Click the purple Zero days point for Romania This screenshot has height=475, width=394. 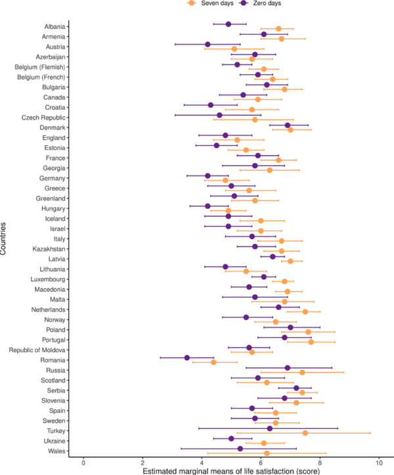coord(187,358)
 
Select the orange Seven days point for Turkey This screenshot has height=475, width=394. coord(305,433)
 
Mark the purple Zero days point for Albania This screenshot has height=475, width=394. coord(229,24)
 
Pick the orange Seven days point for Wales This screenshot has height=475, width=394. coord(267,453)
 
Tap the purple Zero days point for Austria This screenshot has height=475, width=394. coord(208,45)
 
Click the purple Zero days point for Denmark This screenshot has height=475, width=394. coord(288,125)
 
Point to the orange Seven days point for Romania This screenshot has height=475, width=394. coord(213,362)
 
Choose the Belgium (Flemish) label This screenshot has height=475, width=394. coord(40,66)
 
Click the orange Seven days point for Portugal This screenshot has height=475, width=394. coord(311,342)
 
